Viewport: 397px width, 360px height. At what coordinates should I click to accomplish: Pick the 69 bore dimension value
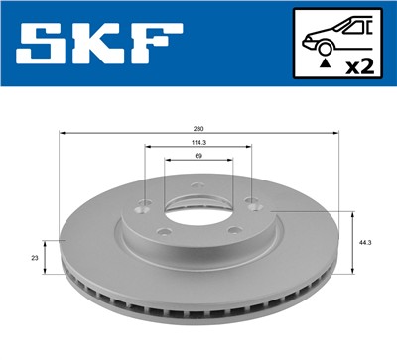198,159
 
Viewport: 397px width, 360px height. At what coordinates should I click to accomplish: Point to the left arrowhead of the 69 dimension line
169,165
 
